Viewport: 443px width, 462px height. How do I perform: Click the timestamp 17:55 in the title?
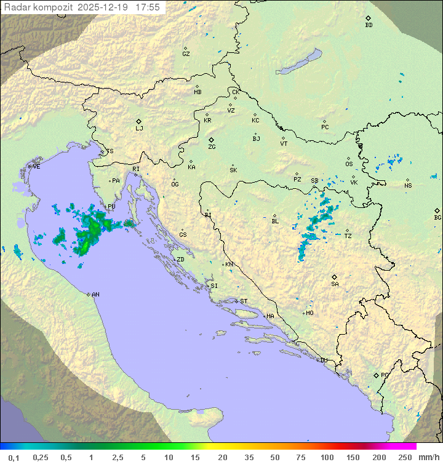pos(148,7)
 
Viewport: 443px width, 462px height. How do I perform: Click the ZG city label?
pos(212,147)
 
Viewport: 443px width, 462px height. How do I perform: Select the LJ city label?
pos(139,129)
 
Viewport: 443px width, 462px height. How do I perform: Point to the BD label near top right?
pos(369,25)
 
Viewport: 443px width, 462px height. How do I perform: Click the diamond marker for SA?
pos(335,277)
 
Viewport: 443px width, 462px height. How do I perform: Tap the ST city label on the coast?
pos(244,301)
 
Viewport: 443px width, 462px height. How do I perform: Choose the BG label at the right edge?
pos(437,218)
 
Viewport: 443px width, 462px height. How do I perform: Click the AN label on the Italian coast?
pos(95,295)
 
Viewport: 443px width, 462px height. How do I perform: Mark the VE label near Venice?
pos(36,167)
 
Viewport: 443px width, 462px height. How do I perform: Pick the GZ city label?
pos(186,54)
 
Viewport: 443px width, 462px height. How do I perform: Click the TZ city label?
pos(348,236)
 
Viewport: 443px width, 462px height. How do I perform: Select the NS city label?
pos(408,186)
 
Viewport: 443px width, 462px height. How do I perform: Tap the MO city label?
pos(309,313)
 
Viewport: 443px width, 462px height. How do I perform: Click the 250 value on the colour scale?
pos(405,457)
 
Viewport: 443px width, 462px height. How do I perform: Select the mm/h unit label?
pos(428,457)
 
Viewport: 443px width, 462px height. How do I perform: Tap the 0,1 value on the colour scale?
pos(14,457)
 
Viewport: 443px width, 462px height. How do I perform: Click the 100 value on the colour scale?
pos(327,457)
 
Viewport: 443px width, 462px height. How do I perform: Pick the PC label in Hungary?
pos(325,127)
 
